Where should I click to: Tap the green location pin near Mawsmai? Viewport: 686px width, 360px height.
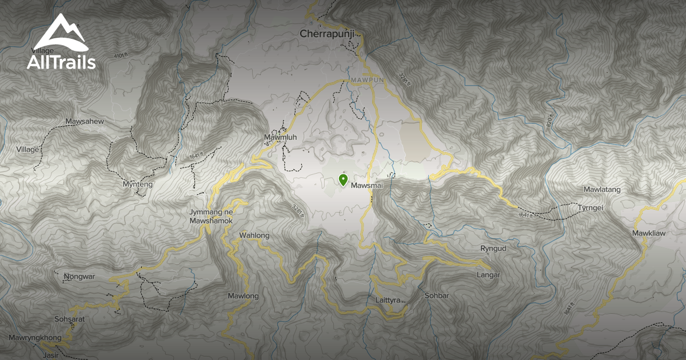[343, 181]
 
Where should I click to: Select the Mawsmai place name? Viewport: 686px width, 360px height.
[366, 186]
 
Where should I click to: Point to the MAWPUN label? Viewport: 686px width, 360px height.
[365, 80]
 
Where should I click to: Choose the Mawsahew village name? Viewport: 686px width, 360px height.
[85, 122]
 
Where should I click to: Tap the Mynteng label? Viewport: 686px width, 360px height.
[137, 185]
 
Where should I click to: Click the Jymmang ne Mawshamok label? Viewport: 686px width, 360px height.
[212, 216]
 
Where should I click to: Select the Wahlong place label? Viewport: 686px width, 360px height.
[254, 235]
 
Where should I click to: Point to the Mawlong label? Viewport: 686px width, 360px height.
[244, 296]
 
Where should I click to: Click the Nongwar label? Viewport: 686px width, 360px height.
[79, 277]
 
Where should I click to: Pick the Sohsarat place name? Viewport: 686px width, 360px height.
[69, 319]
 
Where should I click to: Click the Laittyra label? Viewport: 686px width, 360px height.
[387, 300]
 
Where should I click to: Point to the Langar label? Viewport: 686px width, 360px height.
[488, 275]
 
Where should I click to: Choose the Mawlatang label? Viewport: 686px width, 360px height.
[602, 189]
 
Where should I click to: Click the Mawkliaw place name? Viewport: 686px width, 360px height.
[649, 233]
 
